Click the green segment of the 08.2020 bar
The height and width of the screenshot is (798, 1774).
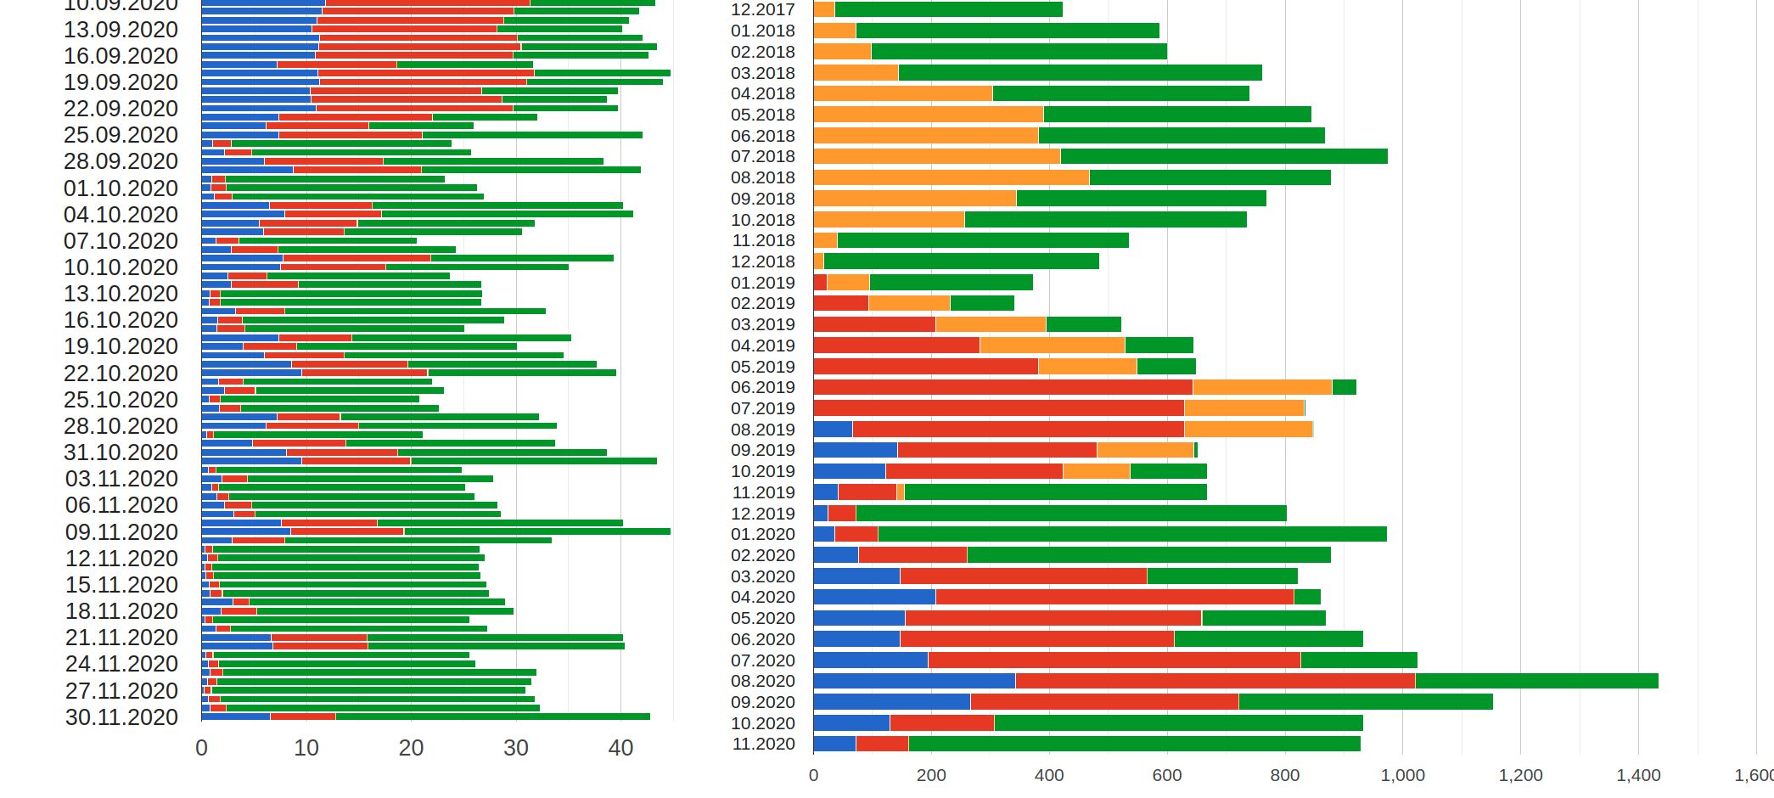1536,681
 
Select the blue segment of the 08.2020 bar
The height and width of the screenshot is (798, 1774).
914,681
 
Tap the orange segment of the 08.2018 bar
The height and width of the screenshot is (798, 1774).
951,177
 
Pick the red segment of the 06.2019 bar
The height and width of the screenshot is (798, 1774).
1002,387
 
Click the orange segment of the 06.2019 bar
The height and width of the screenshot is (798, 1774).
1262,387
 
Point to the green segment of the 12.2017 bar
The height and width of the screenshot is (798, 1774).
948,9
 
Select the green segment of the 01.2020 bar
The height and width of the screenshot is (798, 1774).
1131,534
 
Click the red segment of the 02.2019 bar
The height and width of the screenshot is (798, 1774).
840,303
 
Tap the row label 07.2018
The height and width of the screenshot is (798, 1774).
763,156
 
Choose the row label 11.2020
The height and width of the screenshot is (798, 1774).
763,744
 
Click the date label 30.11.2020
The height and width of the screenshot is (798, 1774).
121,717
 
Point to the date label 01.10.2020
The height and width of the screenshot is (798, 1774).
121,188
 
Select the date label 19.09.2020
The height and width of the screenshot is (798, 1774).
121,82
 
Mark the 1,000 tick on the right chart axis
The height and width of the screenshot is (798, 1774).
1402,775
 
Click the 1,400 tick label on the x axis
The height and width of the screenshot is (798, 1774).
1638,775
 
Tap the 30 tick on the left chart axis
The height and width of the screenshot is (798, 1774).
516,748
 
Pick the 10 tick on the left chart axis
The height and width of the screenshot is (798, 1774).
306,748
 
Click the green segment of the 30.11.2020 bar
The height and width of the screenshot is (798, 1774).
492,717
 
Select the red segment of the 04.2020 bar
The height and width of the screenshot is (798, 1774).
1114,597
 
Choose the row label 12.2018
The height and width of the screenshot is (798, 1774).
763,261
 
